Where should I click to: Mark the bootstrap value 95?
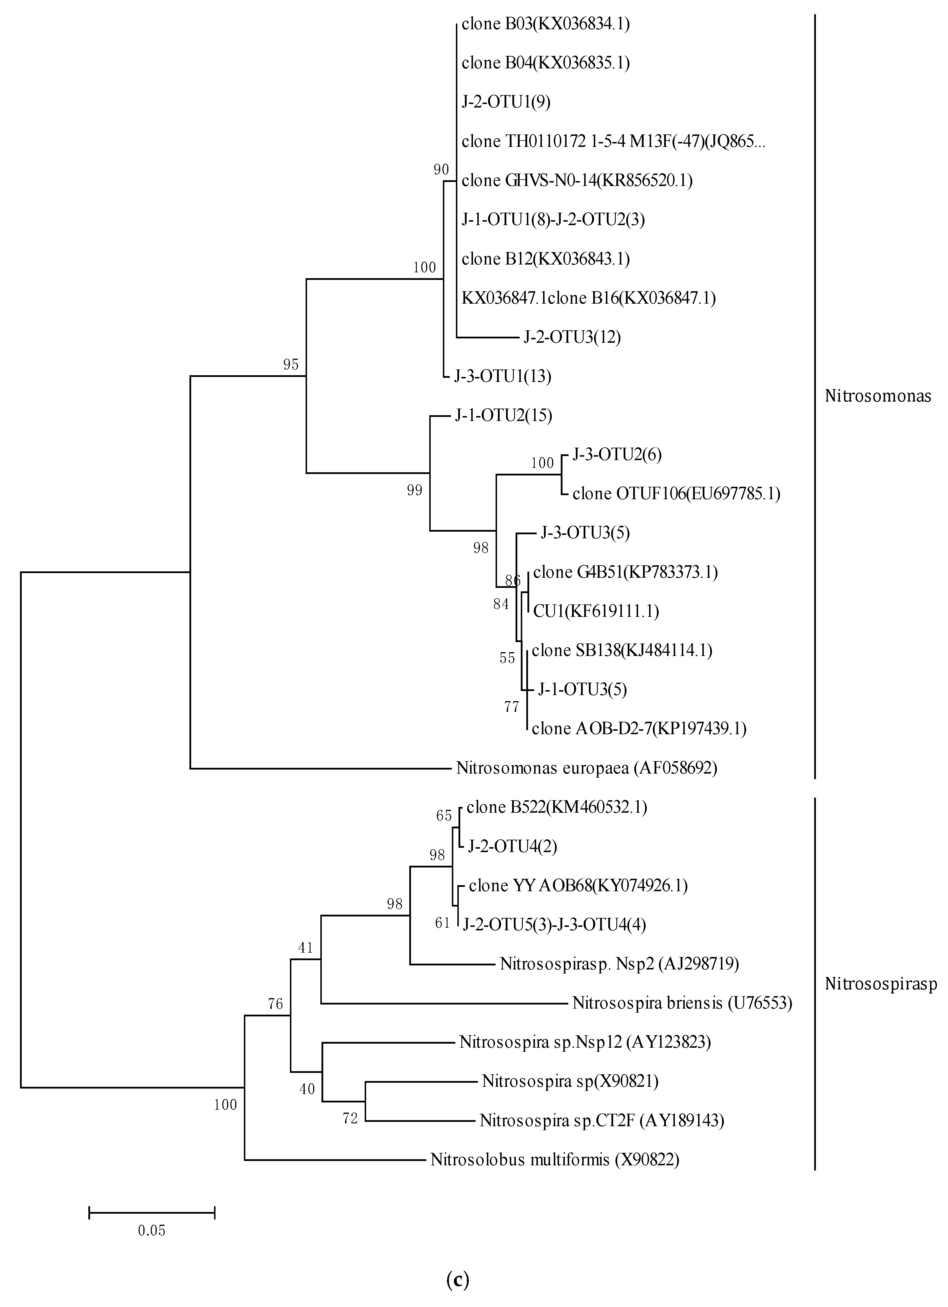(291, 364)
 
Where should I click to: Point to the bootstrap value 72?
(350, 1119)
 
